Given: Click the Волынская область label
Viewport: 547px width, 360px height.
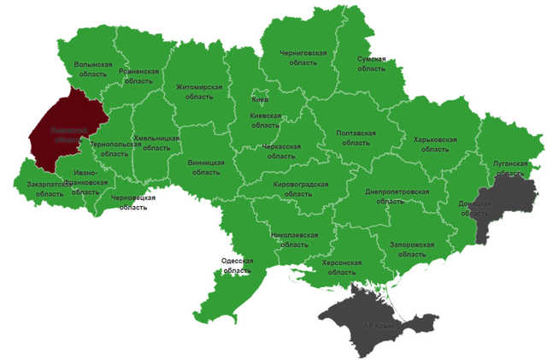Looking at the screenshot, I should point(93,69).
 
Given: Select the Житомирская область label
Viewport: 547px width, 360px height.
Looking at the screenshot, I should point(199,91).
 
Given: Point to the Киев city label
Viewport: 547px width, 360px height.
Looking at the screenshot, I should point(260,100).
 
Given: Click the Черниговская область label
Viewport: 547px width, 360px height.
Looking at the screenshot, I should point(303,58).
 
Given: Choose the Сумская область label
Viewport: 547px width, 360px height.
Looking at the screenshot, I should point(371,64).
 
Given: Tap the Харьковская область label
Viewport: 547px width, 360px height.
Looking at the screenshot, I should point(434,145).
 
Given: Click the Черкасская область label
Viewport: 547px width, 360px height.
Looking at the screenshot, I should point(281,151).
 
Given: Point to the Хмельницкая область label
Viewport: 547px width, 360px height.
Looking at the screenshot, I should point(156,143).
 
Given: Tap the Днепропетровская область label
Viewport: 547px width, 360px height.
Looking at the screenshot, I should point(396,197).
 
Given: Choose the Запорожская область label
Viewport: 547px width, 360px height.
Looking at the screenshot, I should point(412,250).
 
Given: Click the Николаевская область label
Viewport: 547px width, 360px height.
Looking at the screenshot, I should point(295,239).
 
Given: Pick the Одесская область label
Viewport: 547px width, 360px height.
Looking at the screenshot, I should point(232,265).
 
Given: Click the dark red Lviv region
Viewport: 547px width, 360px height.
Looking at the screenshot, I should point(64,133).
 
